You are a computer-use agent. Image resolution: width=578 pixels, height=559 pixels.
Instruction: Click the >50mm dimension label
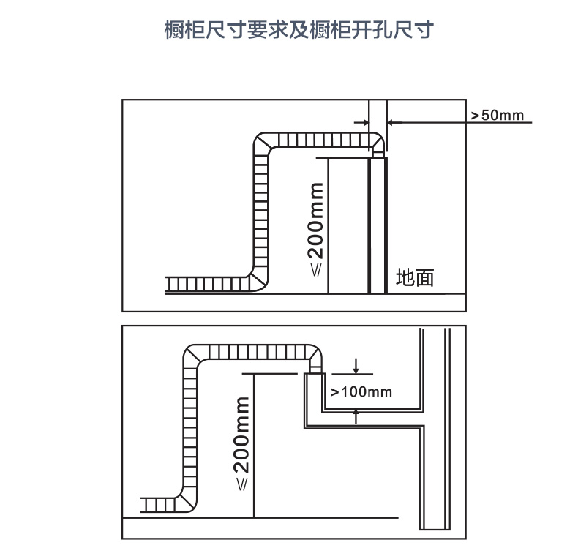[x=498, y=115]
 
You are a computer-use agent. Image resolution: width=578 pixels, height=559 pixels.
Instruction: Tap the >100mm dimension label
[x=361, y=391]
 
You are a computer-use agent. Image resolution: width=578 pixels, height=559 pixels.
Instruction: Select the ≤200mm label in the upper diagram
[x=315, y=229]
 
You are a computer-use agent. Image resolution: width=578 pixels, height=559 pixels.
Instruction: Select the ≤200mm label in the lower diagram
[x=242, y=443]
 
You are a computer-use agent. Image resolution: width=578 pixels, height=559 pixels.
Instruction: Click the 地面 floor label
[x=415, y=277]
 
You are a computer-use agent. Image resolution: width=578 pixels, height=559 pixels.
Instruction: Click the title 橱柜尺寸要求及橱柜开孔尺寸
[x=299, y=29]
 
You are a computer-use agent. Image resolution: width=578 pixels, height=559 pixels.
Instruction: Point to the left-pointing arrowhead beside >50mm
[x=391, y=122]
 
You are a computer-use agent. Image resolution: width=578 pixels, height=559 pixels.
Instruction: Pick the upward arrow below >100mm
[x=356, y=416]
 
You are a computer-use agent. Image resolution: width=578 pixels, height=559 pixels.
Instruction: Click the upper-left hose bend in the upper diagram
[x=263, y=142]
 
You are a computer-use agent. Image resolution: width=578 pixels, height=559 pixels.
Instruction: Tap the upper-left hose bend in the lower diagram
[x=193, y=355]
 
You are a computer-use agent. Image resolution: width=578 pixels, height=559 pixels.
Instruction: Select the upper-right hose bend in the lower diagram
[x=313, y=353]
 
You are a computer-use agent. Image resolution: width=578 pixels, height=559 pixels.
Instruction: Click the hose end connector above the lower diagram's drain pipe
[x=315, y=369]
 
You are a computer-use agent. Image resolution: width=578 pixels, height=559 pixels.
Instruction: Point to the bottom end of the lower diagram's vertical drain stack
[x=435, y=530]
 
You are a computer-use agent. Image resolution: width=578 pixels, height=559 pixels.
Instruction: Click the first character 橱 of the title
[x=174, y=29]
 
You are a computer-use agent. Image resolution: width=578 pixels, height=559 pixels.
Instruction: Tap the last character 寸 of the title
[x=424, y=29]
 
